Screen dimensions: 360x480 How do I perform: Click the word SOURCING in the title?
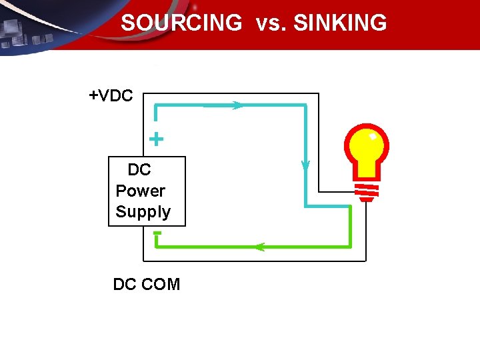point(181,23)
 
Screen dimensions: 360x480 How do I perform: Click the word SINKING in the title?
point(340,23)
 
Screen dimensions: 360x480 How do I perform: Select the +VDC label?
point(111,96)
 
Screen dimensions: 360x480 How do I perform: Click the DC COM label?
point(147,285)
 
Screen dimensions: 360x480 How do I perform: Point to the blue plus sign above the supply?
point(155,139)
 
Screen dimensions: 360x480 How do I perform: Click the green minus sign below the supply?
point(157,233)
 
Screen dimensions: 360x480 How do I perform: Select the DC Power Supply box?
point(147,191)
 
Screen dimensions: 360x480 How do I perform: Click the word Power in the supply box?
point(140,191)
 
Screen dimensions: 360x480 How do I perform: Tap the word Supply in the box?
point(143,212)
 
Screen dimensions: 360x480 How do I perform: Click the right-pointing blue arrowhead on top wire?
point(237,105)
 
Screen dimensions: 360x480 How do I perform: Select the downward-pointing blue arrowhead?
point(305,165)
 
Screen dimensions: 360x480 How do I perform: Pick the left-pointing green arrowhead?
point(259,247)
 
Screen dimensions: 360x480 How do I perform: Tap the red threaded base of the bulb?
point(365,191)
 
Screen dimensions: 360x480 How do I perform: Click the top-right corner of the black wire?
point(318,94)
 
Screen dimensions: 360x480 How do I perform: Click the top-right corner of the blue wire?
point(305,105)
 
